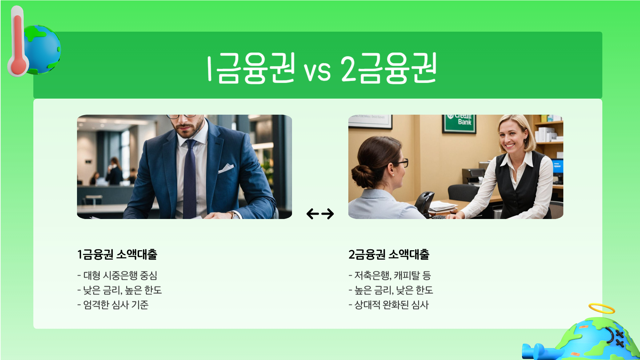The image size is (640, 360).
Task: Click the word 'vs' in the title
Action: tap(317, 71)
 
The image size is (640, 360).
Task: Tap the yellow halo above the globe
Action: tap(601, 308)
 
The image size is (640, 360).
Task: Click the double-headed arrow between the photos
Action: tap(320, 214)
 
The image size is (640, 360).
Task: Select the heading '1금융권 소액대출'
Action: tap(117, 255)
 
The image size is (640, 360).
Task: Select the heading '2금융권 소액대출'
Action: tap(389, 255)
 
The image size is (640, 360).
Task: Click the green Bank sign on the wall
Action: tap(460, 122)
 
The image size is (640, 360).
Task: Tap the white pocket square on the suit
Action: tap(226, 168)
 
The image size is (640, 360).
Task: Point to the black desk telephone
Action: tap(424, 202)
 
